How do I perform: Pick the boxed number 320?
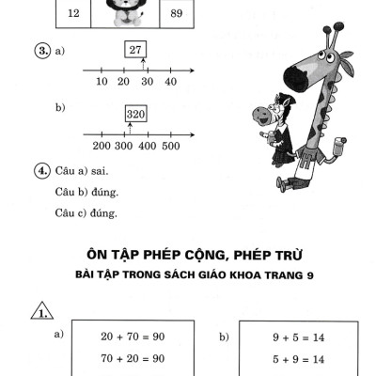(x=134, y=114)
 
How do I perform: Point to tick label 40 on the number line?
(x=170, y=83)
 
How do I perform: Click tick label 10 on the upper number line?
(x=102, y=83)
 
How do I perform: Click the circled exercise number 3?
(x=42, y=51)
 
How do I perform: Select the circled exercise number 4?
(x=42, y=172)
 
